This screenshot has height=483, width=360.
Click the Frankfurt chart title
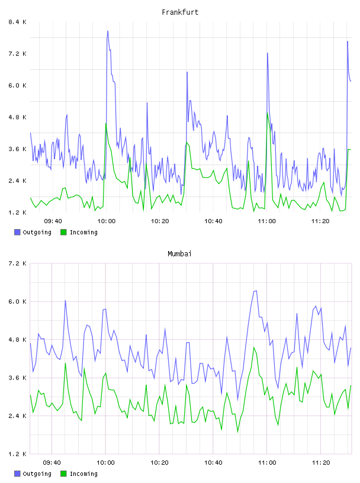coord(180,12)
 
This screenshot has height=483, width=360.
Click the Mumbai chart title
coord(179,254)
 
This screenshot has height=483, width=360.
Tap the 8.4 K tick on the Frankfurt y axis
coord(18,22)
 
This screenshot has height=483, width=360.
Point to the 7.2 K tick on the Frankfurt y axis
coord(18,54)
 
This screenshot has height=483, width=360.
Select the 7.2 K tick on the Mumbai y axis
coord(18,263)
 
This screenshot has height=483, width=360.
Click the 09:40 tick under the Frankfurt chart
coord(53,221)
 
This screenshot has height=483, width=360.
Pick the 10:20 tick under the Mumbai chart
coord(159,462)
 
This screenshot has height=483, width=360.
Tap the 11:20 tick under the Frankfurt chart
coord(320,221)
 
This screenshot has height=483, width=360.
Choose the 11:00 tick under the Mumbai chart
coord(267,462)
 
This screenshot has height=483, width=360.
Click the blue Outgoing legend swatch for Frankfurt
coord(17,232)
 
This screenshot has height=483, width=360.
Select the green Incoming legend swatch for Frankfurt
coord(63,232)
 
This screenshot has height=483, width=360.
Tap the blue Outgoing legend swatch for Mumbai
coord(17,474)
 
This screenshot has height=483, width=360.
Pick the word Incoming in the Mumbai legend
coord(83,474)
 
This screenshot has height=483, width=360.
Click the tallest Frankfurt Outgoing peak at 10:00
coord(108,31)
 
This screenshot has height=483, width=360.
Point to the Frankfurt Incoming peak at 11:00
coord(267,112)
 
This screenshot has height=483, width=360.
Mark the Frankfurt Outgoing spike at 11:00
coord(267,53)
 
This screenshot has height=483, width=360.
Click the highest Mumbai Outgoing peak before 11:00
coord(255,291)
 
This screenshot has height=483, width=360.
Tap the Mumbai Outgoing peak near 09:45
coord(65,300)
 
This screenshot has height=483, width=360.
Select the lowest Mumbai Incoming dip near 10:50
coord(237,432)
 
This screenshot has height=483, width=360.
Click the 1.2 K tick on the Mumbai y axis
coord(18,454)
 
